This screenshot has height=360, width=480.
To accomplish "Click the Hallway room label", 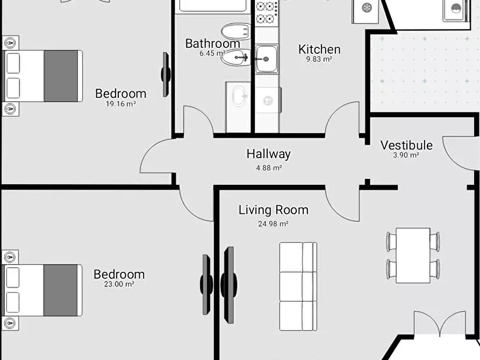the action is (268, 154).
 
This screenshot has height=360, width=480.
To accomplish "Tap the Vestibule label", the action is (406, 145).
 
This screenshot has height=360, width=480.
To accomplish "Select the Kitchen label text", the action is (319, 49).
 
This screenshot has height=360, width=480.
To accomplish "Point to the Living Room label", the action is (274, 210).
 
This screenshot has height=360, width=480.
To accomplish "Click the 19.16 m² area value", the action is (120, 104).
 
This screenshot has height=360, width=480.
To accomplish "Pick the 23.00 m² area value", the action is (119, 284).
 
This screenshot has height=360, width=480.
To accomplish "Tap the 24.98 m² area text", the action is (273, 224).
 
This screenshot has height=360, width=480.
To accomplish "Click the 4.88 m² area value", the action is (269, 168).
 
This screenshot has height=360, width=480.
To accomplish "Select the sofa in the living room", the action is (298, 286).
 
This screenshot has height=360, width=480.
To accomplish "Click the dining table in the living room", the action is (413, 255).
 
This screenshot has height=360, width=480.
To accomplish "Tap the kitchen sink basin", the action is (267, 59).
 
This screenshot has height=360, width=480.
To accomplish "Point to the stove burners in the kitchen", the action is (265, 12).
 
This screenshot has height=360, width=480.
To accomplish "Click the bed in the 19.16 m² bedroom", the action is (42, 76).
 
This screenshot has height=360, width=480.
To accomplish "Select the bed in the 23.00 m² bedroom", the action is (42, 290).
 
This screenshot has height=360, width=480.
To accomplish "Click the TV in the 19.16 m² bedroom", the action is (166, 74).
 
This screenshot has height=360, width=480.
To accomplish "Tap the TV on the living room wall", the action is (228, 285).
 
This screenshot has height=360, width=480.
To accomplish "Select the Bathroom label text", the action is (212, 44).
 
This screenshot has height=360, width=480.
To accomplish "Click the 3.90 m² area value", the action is (406, 155).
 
